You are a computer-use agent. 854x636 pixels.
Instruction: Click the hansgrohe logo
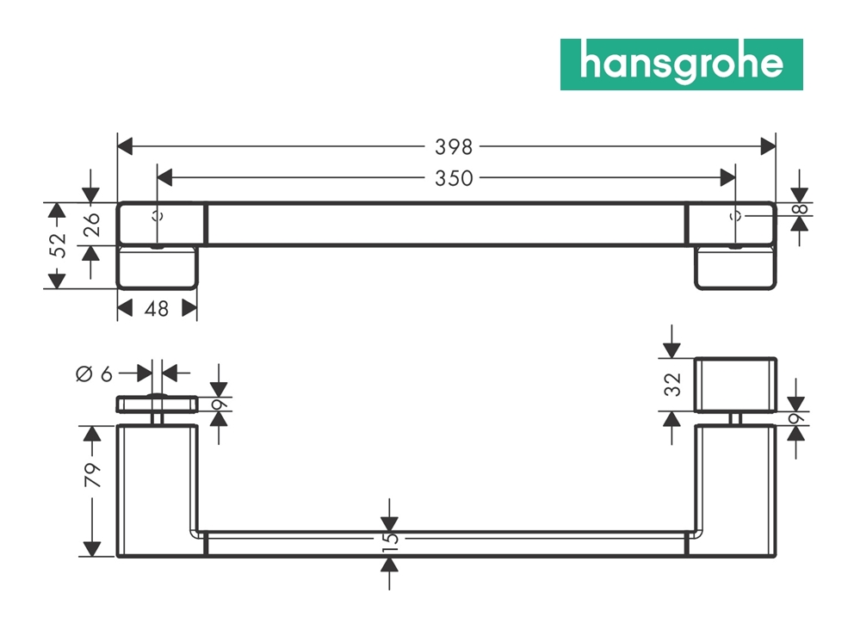pyautogui.click(x=681, y=65)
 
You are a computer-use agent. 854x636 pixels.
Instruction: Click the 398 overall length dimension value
pyautogui.click(x=453, y=146)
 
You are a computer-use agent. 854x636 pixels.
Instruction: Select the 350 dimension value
pyautogui.click(x=453, y=178)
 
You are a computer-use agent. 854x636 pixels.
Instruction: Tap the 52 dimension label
pyautogui.click(x=57, y=246)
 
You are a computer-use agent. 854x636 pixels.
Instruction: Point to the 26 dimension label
pyautogui.click(x=92, y=225)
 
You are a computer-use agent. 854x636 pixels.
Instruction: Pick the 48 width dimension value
pyautogui.click(x=157, y=308)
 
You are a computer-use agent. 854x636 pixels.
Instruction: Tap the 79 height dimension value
pyautogui.click(x=92, y=475)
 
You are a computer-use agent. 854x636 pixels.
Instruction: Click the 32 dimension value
pyautogui.click(x=674, y=384)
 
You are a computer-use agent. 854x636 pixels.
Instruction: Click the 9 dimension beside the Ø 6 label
pyautogui.click(x=220, y=404)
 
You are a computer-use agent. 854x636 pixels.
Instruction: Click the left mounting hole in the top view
pyautogui.click(x=158, y=215)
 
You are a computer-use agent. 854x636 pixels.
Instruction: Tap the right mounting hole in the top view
pyautogui.click(x=735, y=215)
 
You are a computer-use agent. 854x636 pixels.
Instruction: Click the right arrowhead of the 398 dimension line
pyautogui.click(x=768, y=146)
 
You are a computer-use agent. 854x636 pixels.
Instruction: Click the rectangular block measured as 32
pyautogui.click(x=735, y=384)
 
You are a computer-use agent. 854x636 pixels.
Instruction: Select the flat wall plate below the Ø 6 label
pyautogui.click(x=158, y=404)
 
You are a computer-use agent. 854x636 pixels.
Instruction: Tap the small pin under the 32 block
pyautogui.click(x=735, y=417)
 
